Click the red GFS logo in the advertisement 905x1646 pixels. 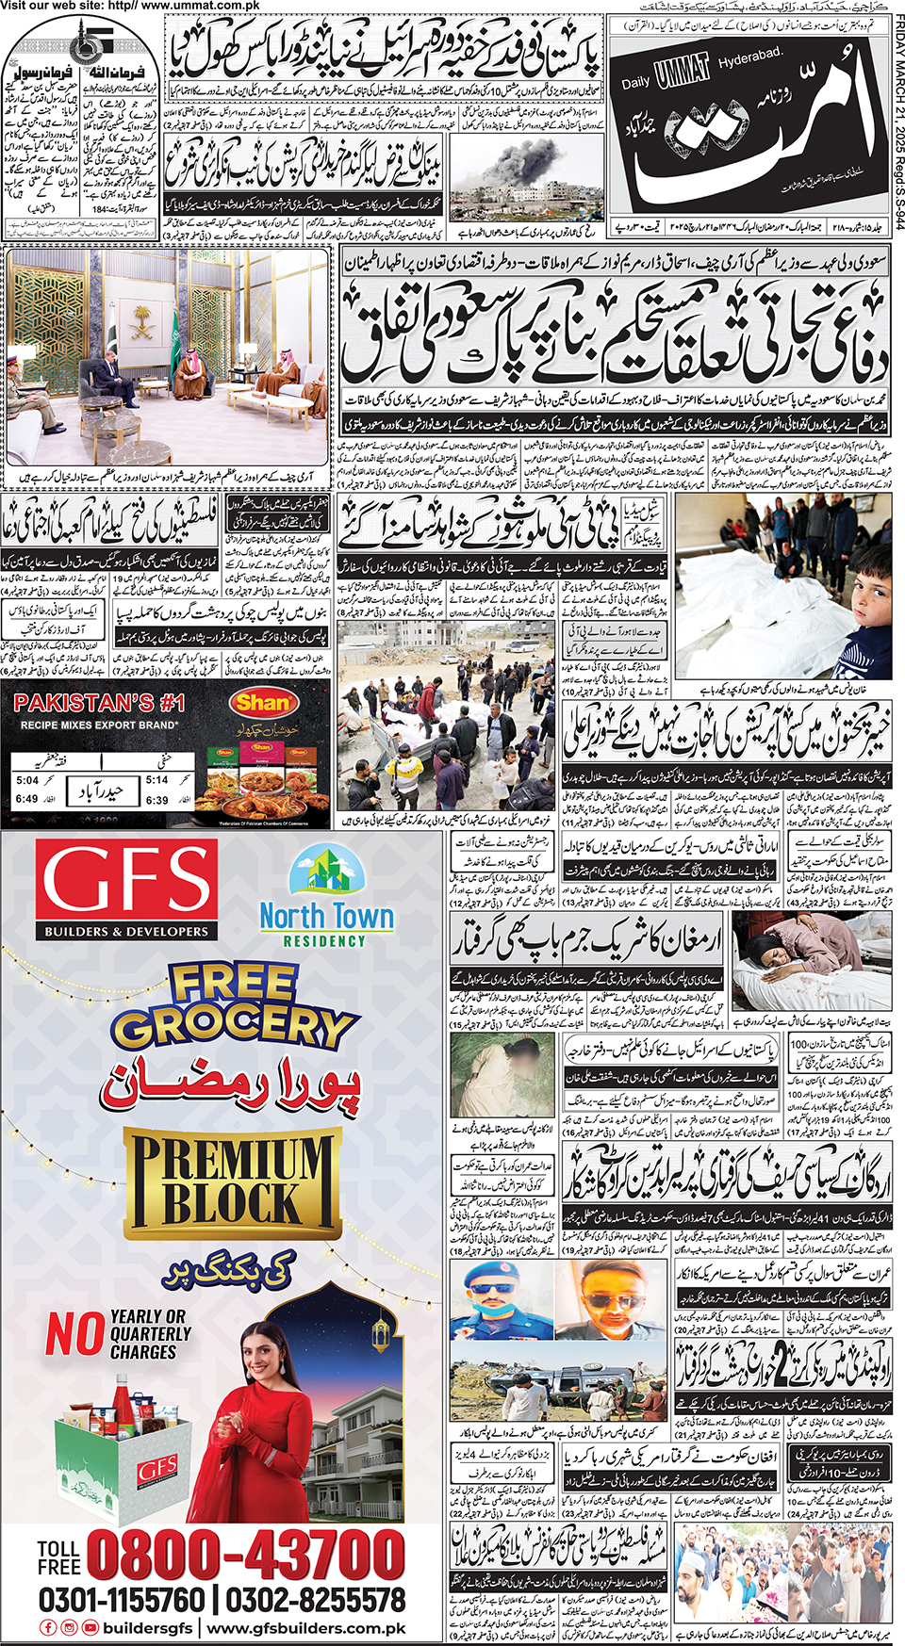click(126, 889)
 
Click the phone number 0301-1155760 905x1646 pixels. click(121, 1599)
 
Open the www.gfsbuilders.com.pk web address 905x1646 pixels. click(306, 1628)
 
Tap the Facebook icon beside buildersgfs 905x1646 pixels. click(48, 1627)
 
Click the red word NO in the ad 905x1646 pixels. click(74, 1334)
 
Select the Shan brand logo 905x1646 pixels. click(262, 702)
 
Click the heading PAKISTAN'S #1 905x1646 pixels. click(99, 703)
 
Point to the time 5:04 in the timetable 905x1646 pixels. click(27, 780)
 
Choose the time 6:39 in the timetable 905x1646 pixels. click(156, 799)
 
